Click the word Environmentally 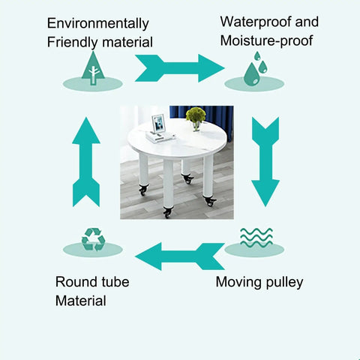pos(98,24)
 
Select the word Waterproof pos(256,22)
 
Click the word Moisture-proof pos(266,40)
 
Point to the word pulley pos(284,283)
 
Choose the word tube pos(115,282)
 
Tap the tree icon pos(93,68)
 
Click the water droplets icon pos(255,69)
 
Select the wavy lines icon pos(256,238)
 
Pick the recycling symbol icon pos(93,239)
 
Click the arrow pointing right pos(179,68)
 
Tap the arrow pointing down pos(265,162)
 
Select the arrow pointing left pos(179,256)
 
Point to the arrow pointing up pos(86,162)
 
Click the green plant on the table pos(196,115)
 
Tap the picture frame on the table pos(158,123)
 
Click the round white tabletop pos(177,141)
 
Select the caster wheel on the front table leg pos(167,212)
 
